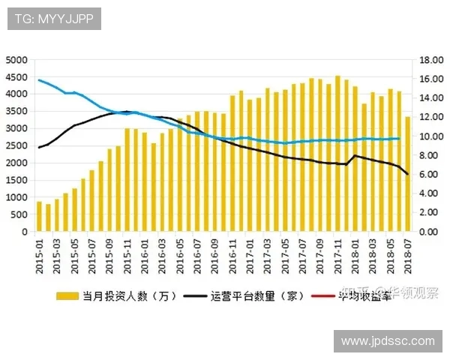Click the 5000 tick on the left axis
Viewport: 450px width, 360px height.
[16, 59]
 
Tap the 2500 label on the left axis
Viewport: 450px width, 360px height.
[16, 145]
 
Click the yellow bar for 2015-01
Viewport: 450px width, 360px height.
[39, 217]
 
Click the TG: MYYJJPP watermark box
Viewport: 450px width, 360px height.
[54, 19]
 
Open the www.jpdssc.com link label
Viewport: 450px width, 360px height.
[388, 341]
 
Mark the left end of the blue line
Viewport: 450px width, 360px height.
[39, 79]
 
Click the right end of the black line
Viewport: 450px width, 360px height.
[407, 174]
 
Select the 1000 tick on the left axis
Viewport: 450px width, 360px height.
[16, 197]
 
